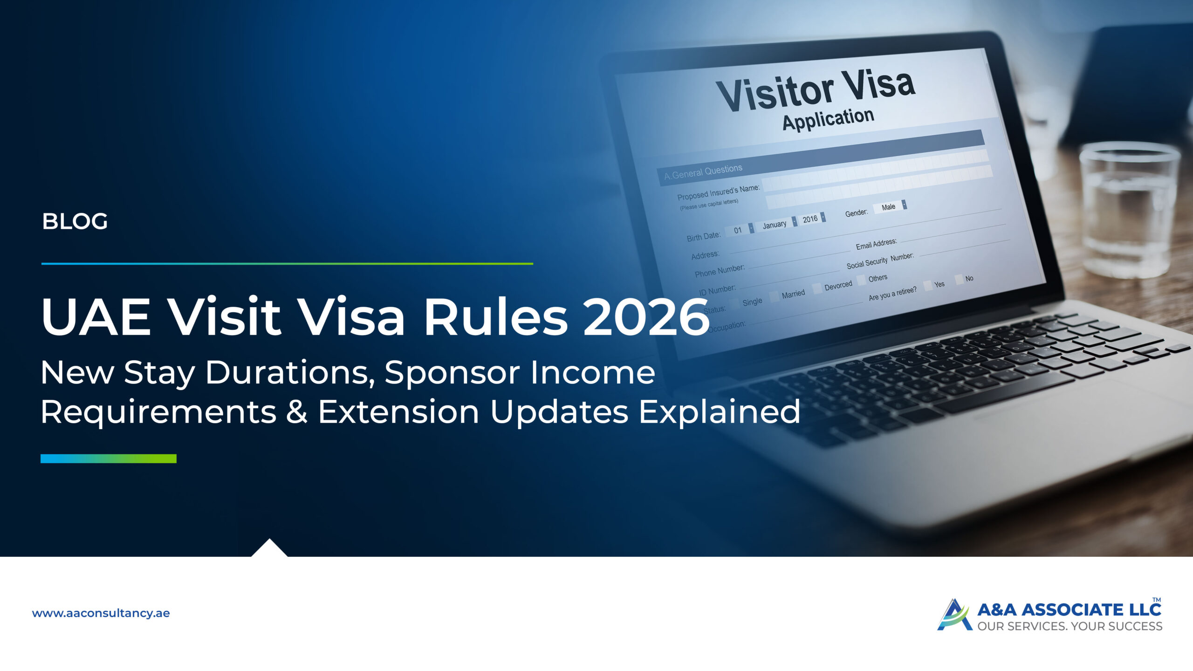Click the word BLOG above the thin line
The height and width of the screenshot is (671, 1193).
(75, 221)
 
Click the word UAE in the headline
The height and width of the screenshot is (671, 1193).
(96, 317)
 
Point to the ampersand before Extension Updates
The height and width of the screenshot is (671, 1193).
(296, 412)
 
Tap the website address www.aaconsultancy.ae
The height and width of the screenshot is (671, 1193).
(101, 613)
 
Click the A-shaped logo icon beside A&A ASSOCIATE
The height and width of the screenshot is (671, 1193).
(954, 615)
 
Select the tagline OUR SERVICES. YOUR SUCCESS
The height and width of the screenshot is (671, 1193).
(1070, 626)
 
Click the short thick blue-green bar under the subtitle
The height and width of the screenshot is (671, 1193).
(109, 459)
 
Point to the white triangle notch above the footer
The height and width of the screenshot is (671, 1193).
(269, 548)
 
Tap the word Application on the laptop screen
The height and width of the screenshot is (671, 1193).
(828, 119)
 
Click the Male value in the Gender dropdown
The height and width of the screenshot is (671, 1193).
(888, 207)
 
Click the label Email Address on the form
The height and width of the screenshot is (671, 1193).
(876, 244)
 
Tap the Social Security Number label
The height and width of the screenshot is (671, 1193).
(880, 261)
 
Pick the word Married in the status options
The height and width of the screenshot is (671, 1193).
(793, 294)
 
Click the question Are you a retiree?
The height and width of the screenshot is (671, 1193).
(892, 294)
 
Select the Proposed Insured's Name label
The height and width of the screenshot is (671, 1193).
(718, 192)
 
